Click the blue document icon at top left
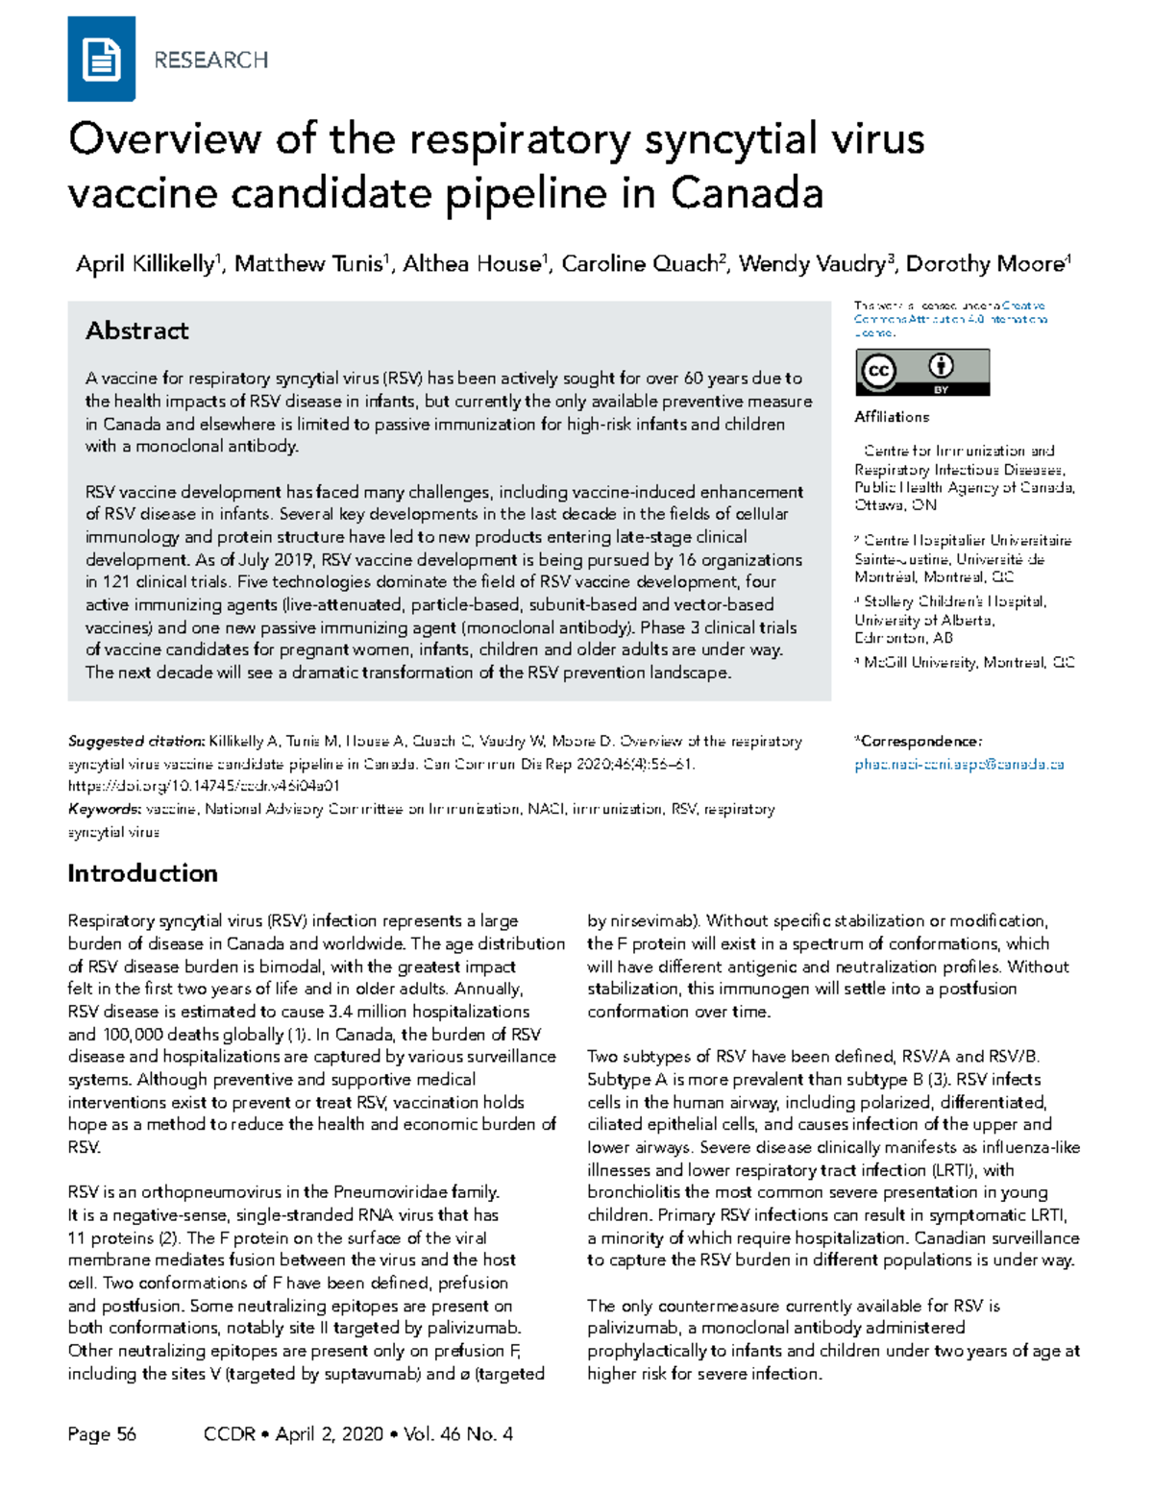click(101, 60)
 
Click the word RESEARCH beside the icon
click(210, 61)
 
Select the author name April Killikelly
click(145, 264)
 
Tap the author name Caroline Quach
click(640, 264)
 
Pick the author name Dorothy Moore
click(985, 264)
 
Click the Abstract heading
click(136, 331)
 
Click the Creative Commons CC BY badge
click(921, 372)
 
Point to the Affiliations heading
click(892, 417)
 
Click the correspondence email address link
click(959, 765)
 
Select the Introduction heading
click(142, 873)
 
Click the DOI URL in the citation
click(204, 786)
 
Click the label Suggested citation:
click(135, 742)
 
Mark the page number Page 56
click(102, 1434)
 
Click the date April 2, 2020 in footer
click(329, 1434)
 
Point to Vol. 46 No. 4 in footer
click(458, 1434)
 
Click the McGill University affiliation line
click(966, 662)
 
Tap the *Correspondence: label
click(918, 742)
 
